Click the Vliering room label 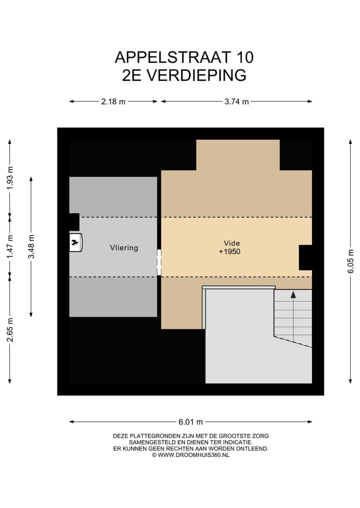click(124, 248)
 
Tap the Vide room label click(229, 243)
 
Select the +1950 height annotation click(229, 252)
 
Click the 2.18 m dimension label click(113, 101)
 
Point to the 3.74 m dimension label click(236, 101)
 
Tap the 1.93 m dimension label click(9, 178)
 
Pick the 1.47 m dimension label click(9, 246)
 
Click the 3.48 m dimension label click(31, 246)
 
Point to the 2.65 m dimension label click(9, 330)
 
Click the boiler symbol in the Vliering click(75, 243)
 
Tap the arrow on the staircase click(293, 295)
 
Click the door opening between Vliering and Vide click(159, 262)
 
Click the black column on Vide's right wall click(305, 257)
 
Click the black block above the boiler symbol click(74, 222)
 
